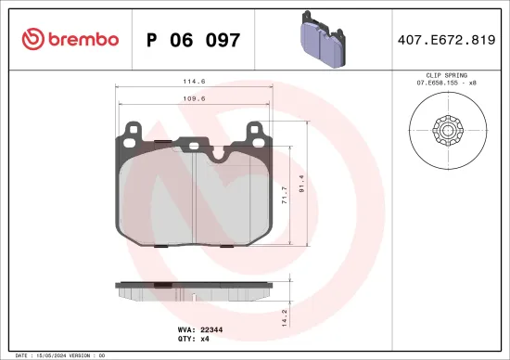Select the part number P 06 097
194,40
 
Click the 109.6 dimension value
195,97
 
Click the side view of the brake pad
195,289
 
